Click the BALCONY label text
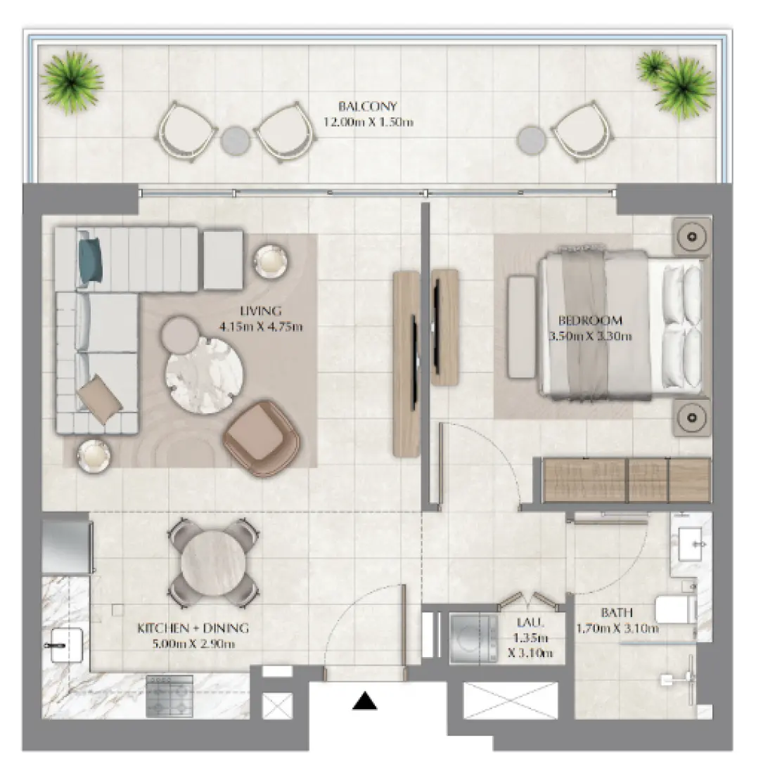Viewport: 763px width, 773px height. pos(367,107)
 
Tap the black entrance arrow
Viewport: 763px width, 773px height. pos(364,701)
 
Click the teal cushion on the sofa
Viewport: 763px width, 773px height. pos(90,261)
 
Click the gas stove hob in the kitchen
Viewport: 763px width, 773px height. pos(169,695)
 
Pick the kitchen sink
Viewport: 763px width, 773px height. pos(67,644)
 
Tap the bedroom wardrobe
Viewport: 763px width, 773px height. pos(626,480)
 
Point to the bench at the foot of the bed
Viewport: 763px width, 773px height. pos(520,327)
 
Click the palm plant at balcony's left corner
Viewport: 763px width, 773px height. pos(72,81)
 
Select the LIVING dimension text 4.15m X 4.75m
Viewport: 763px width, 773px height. pos(261,326)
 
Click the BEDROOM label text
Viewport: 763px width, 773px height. pos(590,321)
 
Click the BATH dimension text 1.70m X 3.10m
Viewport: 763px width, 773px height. pos(617,628)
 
